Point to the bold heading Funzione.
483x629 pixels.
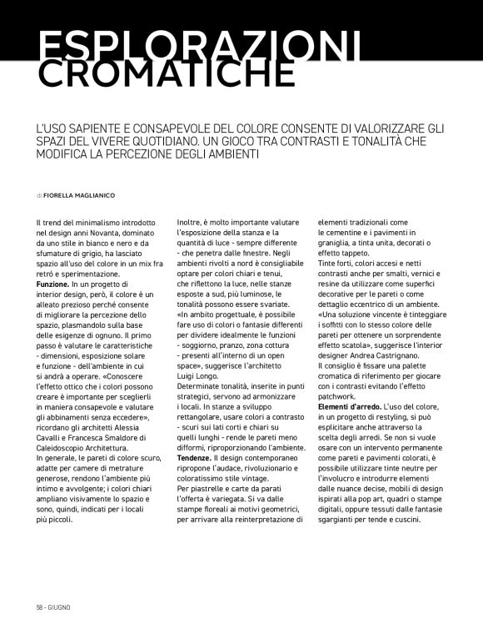point(52,285)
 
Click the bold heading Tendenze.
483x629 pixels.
point(193,459)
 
